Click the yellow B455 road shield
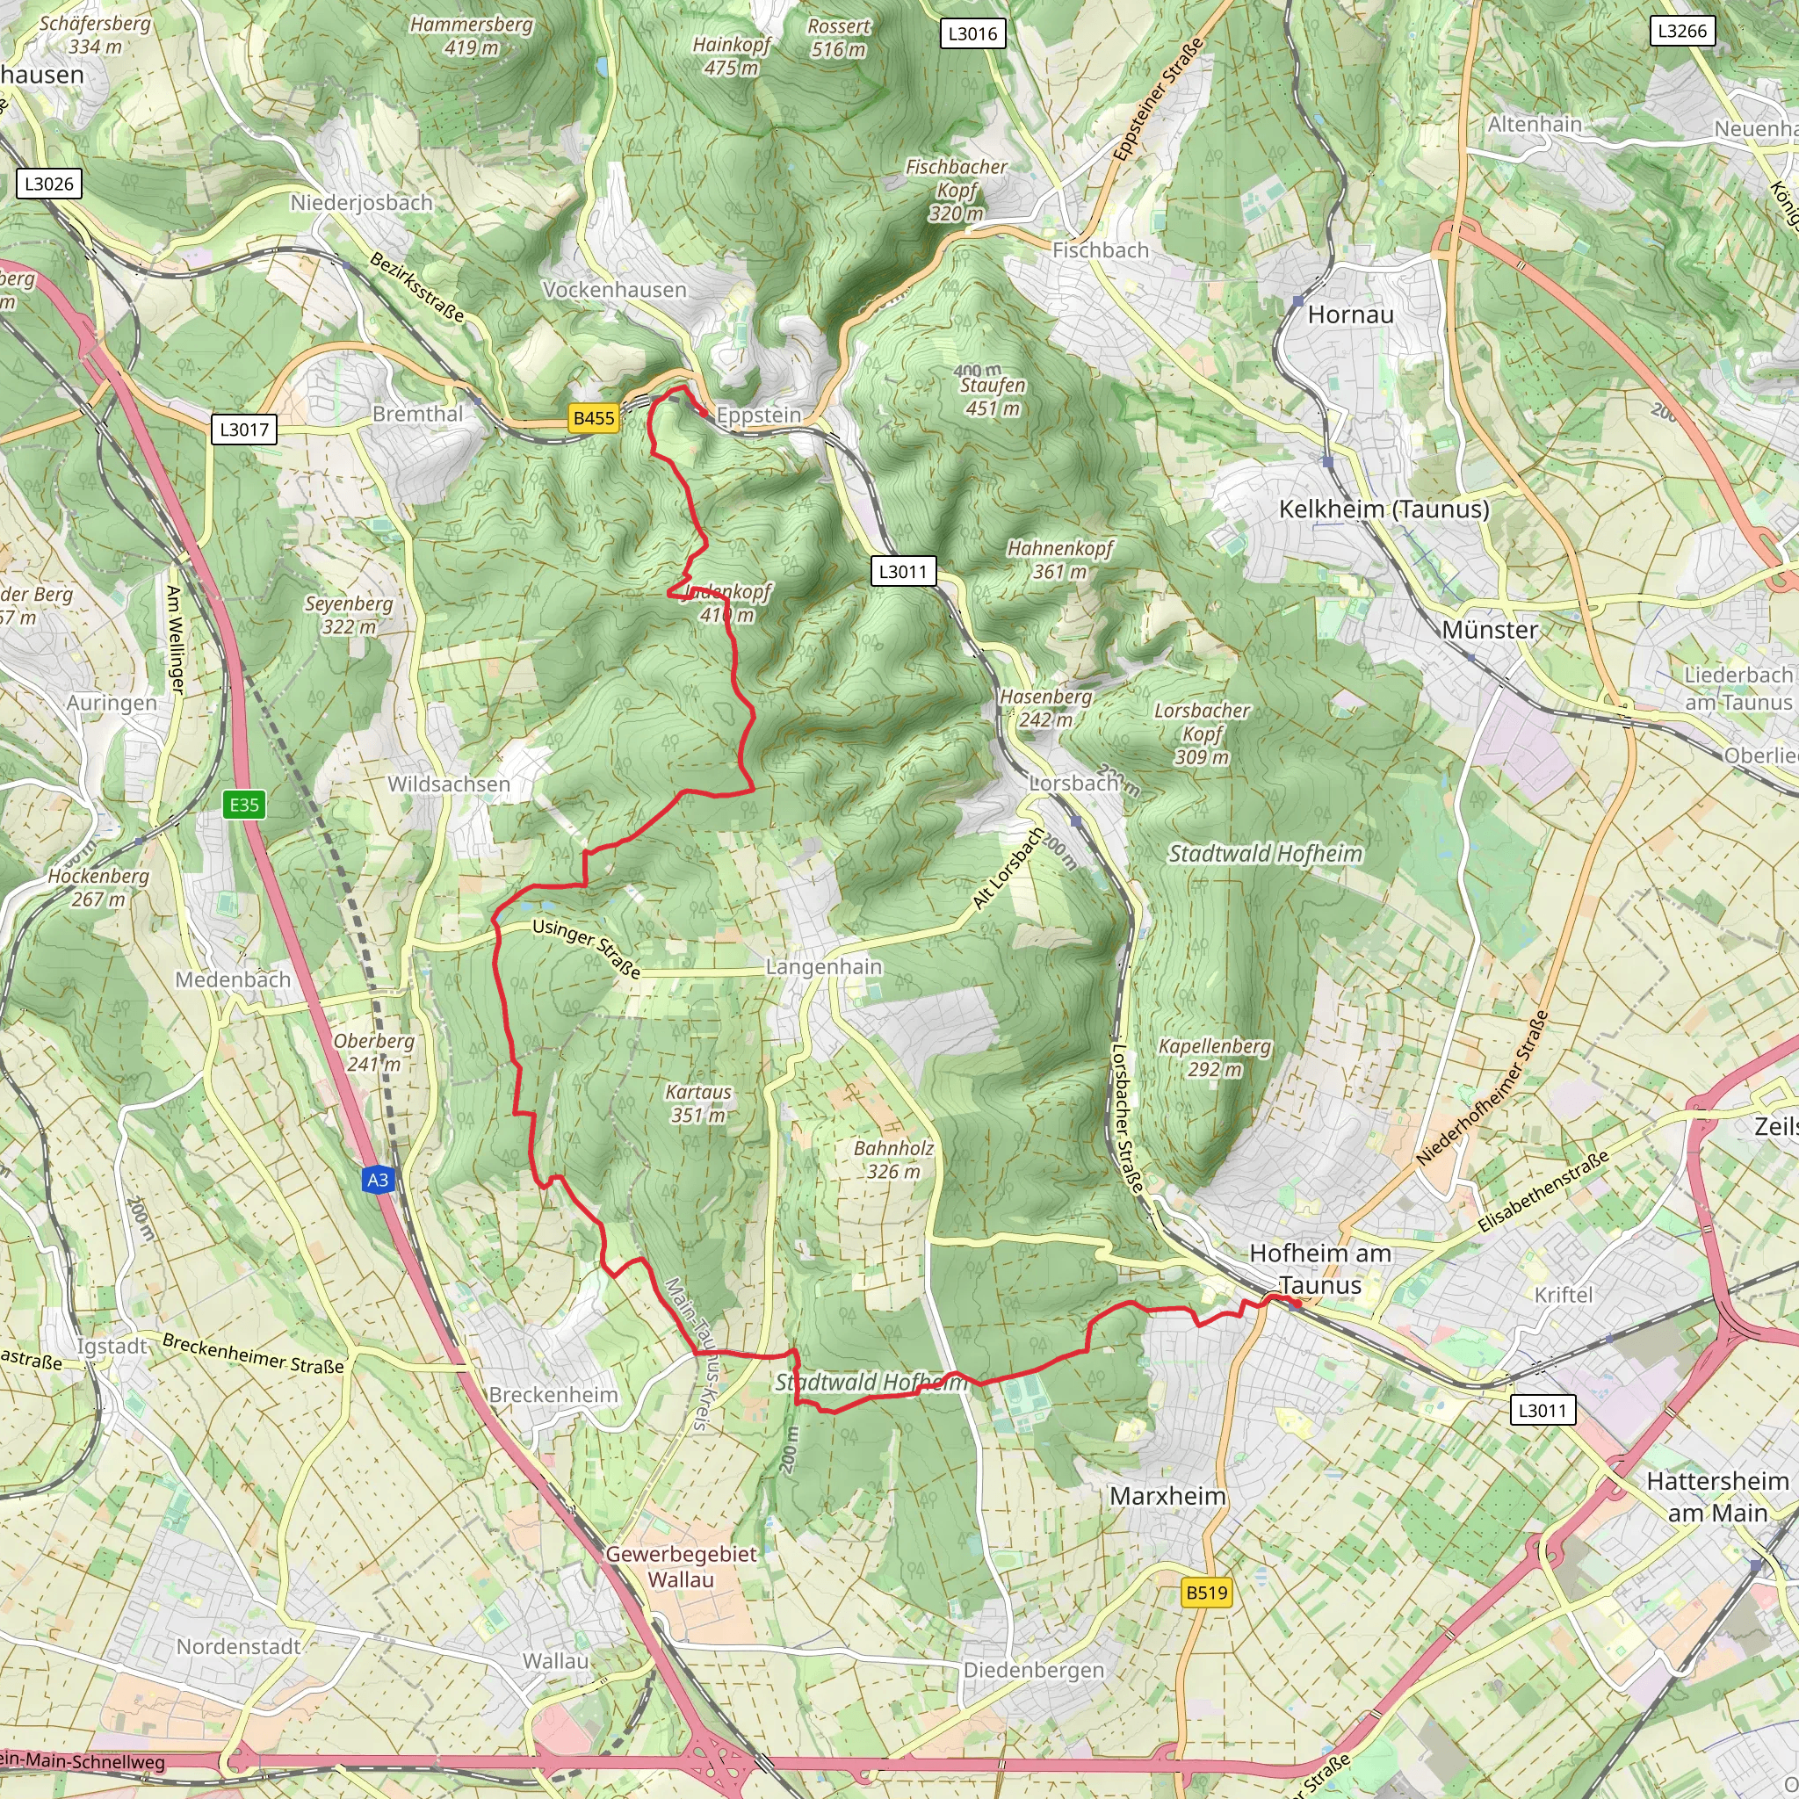[x=594, y=418]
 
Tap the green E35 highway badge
[x=245, y=805]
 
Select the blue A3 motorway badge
[x=377, y=1180]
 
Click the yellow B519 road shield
[x=1207, y=1593]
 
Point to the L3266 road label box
[x=1681, y=31]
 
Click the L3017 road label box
[x=244, y=430]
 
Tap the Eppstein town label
[x=759, y=415]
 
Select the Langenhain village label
[x=823, y=966]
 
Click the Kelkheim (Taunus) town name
[x=1384, y=509]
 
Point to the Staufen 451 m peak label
[x=993, y=396]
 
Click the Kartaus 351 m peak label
[x=697, y=1103]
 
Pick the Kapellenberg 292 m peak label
[x=1214, y=1058]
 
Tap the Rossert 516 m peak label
[x=838, y=38]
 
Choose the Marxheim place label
[x=1167, y=1495]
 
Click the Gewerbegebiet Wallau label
[x=681, y=1566]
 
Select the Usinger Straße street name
[x=587, y=948]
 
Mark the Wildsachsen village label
[x=449, y=784]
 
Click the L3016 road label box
[x=972, y=34]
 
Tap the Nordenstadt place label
[x=238, y=1646]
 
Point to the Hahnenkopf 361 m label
[x=1059, y=560]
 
